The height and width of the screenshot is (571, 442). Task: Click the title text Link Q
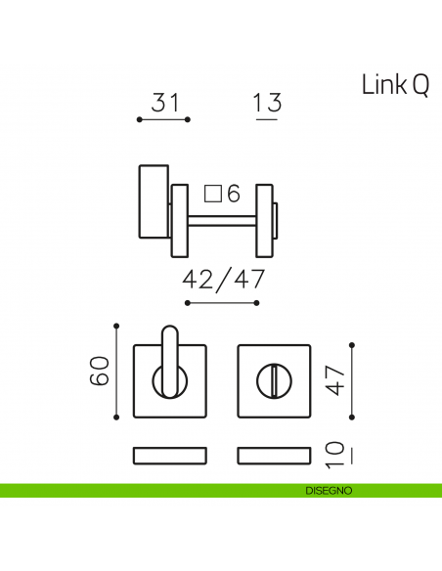point(394,86)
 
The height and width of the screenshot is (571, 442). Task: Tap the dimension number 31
point(163,101)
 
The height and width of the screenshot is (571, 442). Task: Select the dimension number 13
point(266,101)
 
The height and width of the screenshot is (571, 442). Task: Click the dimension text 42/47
point(223,280)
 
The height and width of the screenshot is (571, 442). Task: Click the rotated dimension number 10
point(335,453)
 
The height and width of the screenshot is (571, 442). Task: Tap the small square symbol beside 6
point(212,193)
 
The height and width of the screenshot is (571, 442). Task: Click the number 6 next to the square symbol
point(233,194)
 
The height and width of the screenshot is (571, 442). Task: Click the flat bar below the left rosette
point(169,455)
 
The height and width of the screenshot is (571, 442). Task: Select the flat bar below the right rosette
point(274,455)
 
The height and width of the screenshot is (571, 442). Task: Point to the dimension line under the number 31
point(163,119)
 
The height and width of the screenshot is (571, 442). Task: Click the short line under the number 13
point(266,119)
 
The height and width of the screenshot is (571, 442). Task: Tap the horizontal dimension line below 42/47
point(223,303)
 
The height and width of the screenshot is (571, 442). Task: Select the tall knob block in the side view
point(152,201)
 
